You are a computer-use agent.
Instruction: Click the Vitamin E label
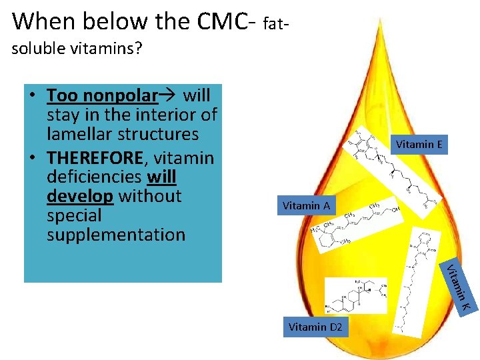pos(419,145)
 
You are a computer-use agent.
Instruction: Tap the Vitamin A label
pos(306,205)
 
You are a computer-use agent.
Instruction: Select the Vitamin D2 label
pos(315,327)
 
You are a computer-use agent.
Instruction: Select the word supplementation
pos(116,235)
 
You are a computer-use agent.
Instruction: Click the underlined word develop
pos(80,196)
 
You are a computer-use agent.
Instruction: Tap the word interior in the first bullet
pos(155,115)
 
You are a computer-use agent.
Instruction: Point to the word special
pos(74,215)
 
